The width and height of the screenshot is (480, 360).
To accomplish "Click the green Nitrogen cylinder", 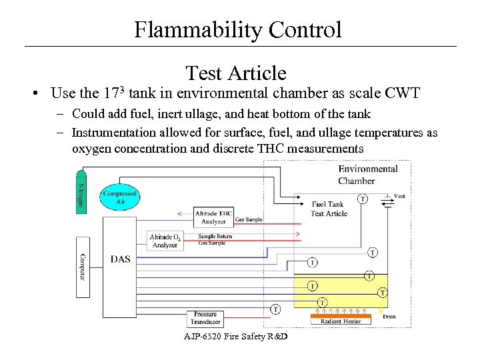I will pos(81,189).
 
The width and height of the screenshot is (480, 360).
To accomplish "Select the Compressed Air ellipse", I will pos(120,197).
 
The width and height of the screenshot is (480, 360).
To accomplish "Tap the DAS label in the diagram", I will pos(121,259).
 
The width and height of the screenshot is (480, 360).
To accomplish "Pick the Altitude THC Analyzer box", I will pos(213,217).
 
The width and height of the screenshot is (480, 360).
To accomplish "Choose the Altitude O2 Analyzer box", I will pos(165,241).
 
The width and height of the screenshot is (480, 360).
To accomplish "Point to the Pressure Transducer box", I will pos(205,318).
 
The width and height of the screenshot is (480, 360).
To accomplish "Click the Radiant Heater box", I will pos(341,321).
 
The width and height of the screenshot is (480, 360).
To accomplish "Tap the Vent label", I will pos(399,196).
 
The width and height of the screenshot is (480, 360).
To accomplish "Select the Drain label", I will pos(389,317).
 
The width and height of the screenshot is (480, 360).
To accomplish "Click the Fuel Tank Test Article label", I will pos(328,209).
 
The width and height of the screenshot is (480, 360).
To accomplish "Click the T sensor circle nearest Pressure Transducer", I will pos(275,309).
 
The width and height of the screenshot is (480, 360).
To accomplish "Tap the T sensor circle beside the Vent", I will pos(363,198).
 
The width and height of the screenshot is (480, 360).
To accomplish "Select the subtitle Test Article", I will pos(236,73).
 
